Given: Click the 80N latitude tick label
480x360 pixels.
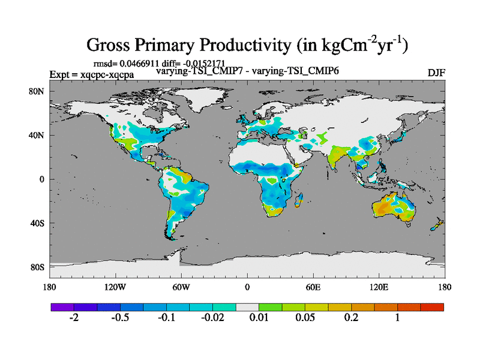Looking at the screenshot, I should (x=37, y=91).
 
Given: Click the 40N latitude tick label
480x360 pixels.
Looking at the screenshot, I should (x=37, y=135).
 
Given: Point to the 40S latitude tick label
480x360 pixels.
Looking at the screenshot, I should (x=37, y=223).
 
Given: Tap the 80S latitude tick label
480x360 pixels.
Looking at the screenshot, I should (x=37, y=267).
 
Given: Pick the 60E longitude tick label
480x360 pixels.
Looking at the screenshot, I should (x=313, y=286).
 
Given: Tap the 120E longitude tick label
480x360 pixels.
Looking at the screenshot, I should (x=379, y=286).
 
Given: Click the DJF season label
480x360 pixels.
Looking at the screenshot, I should (x=436, y=73).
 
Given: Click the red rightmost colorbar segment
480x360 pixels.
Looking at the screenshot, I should (x=432, y=307).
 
